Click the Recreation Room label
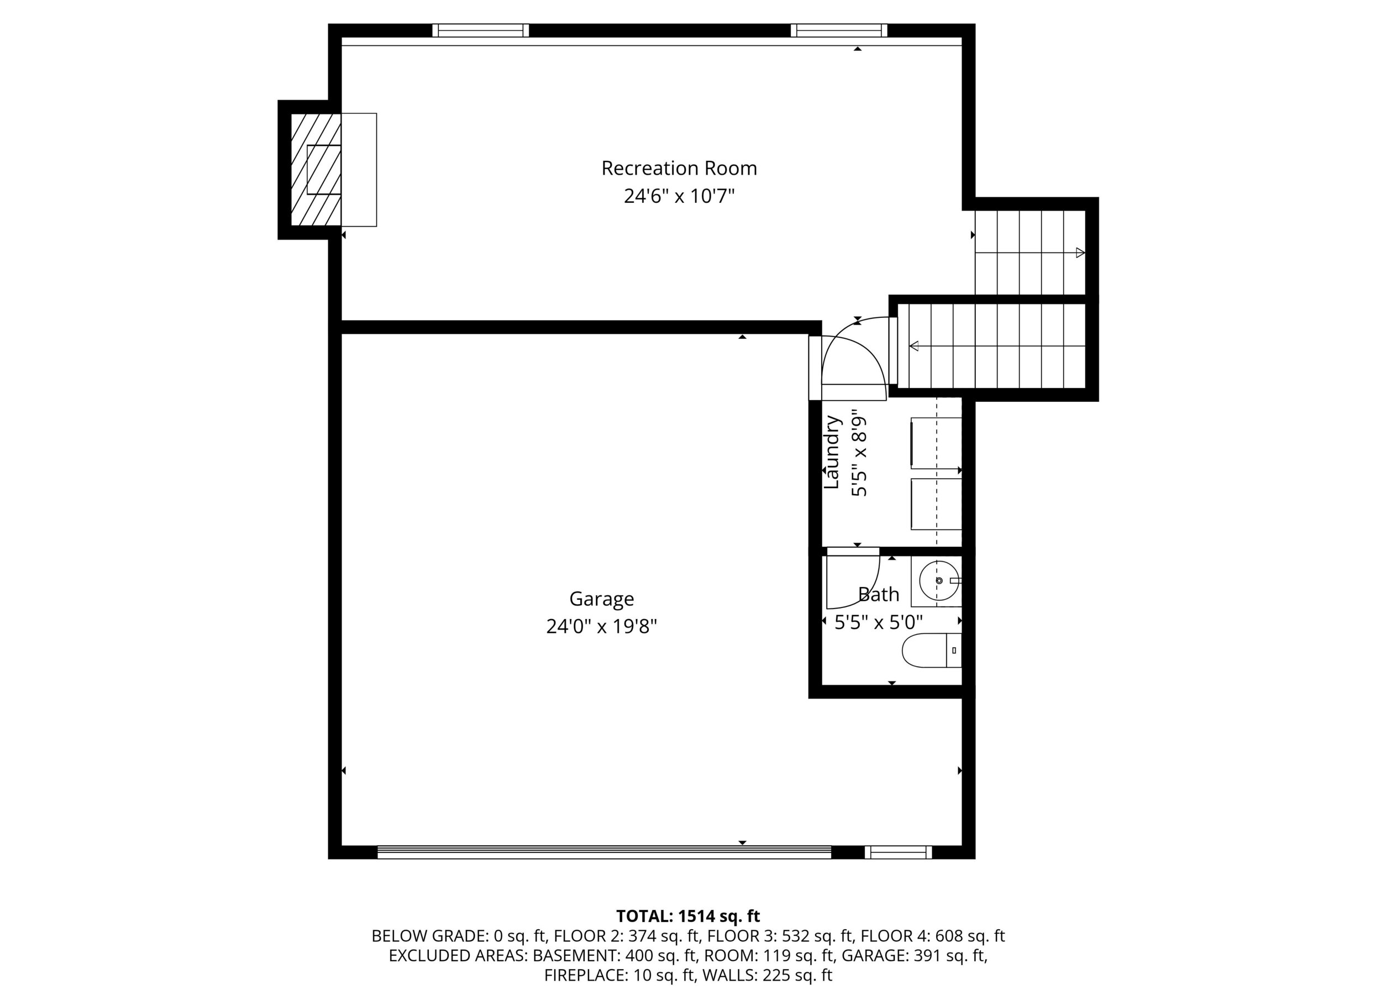tap(679, 168)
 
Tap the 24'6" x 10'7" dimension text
tap(679, 196)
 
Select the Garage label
tap(601, 599)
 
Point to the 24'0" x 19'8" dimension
tap(601, 626)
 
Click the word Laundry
tap(832, 452)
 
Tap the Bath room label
tap(879, 595)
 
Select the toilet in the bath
tap(932, 651)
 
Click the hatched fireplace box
tap(316, 170)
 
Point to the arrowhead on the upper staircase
tap(1080, 253)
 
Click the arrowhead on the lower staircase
tap(913, 346)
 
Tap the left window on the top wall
tap(481, 30)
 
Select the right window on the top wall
tap(839, 30)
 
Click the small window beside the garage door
tap(898, 852)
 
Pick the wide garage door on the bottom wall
tap(604, 852)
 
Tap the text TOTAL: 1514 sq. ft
tap(688, 916)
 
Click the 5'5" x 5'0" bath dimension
tap(879, 622)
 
